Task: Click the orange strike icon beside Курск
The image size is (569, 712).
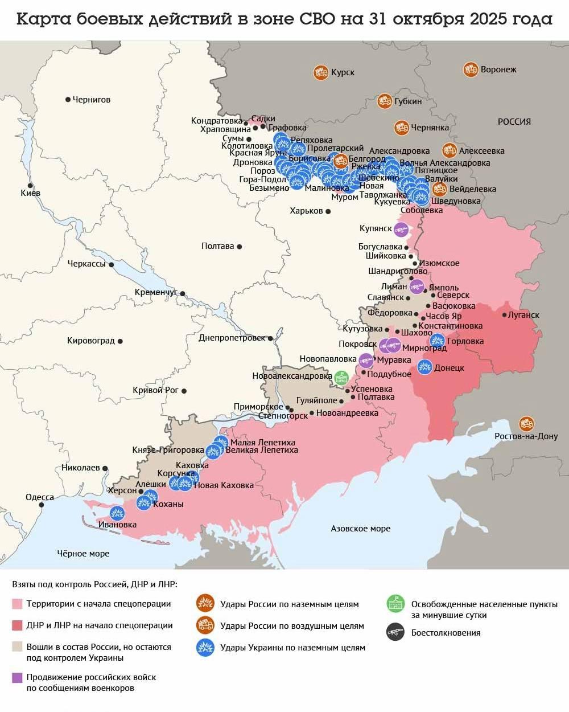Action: [x=321, y=72]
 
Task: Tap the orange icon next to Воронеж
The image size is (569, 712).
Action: [x=471, y=69]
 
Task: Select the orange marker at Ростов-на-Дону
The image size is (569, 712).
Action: [x=526, y=424]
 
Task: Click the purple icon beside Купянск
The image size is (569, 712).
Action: [x=401, y=229]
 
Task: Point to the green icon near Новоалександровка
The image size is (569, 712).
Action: [x=342, y=378]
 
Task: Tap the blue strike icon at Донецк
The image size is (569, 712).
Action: [x=425, y=367]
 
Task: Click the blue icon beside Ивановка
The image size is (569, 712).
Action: [x=117, y=513]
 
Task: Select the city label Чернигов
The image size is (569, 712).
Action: [x=92, y=100]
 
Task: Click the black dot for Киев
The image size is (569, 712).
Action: [x=30, y=186]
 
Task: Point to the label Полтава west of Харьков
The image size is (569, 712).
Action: [x=217, y=246]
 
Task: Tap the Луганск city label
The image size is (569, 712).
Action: [x=523, y=315]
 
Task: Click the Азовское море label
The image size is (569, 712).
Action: [x=361, y=529]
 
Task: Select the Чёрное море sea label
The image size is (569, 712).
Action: [x=83, y=553]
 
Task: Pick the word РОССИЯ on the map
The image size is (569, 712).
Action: [x=514, y=121]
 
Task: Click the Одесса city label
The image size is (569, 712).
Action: [x=40, y=497]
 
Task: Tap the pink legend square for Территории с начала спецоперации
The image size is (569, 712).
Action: [x=17, y=604]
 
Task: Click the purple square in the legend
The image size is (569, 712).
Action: [x=17, y=677]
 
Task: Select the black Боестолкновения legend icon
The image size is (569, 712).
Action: [x=395, y=632]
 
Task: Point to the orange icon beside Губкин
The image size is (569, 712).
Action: [x=385, y=101]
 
